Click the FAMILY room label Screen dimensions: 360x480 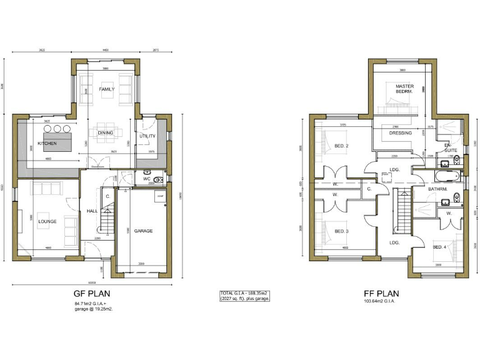(107, 89)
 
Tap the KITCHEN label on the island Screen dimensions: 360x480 (47, 143)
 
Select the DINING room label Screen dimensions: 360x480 (105, 132)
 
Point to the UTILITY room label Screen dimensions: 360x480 (147, 136)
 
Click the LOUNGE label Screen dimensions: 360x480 (47, 221)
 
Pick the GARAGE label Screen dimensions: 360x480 (143, 231)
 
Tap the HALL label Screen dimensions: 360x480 (92, 211)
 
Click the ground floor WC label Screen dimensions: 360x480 (146, 179)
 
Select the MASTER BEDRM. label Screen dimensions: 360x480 (404, 89)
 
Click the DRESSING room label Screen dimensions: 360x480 (400, 133)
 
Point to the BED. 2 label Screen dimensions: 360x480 (341, 146)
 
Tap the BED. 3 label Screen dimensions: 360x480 (341, 231)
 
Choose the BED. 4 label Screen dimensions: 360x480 (440, 247)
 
